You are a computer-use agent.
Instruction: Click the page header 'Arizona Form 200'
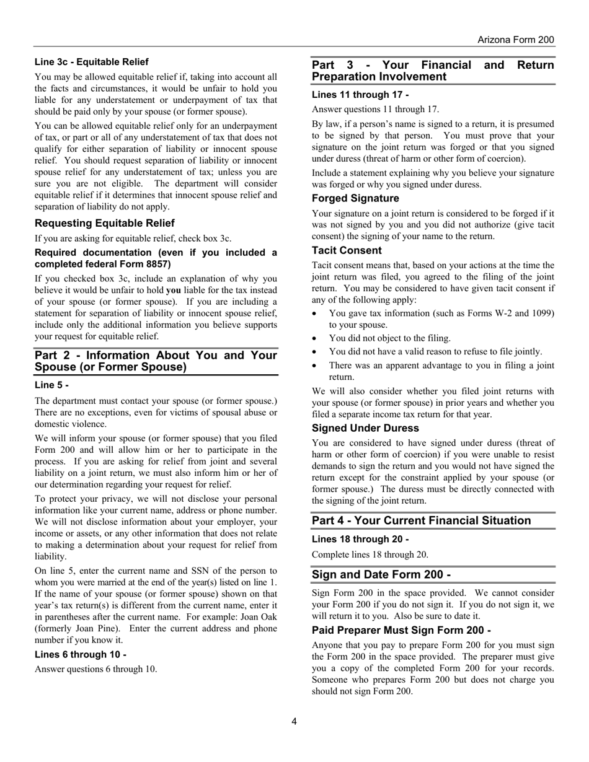coord(515,40)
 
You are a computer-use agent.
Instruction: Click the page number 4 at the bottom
coord(294,721)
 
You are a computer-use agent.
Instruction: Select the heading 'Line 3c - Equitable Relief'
coord(92,62)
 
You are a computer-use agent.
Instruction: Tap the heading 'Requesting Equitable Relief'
coord(105,223)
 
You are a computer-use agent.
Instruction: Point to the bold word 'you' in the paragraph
coord(174,291)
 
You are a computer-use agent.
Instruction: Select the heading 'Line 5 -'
coord(51,385)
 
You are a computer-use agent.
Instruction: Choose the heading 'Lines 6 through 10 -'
coord(81,654)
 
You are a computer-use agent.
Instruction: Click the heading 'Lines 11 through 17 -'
coord(360,95)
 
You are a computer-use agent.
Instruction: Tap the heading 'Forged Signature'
coord(355,198)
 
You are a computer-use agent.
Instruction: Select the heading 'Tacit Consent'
coord(347,250)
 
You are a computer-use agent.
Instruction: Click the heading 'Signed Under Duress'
coord(365,428)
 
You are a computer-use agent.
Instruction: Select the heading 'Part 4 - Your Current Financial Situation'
coord(421,520)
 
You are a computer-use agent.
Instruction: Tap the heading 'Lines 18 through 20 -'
coord(360,539)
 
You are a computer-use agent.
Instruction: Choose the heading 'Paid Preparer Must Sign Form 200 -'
coord(401,630)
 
